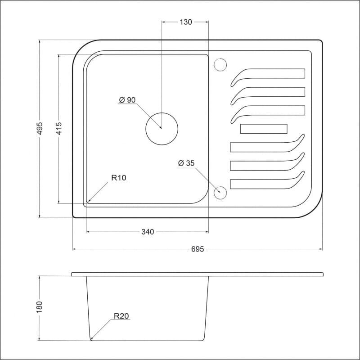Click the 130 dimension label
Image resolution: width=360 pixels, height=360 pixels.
click(x=185, y=22)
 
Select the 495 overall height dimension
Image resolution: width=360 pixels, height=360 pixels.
click(x=40, y=129)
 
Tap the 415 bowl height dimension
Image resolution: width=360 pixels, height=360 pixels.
click(x=59, y=128)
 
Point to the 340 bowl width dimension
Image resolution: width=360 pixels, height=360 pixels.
click(x=148, y=232)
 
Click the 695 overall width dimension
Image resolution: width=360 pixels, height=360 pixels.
click(x=198, y=249)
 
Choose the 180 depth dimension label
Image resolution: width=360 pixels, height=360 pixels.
click(x=40, y=307)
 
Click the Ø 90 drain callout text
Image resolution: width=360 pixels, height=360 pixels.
click(x=127, y=100)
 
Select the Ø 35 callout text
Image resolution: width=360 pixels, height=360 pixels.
click(x=186, y=163)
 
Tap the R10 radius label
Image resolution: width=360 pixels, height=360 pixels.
click(x=119, y=178)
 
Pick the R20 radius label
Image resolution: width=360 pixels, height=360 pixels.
click(x=121, y=316)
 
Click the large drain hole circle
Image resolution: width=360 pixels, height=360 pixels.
click(x=162, y=113)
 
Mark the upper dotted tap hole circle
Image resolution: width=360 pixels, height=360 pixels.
click(x=220, y=58)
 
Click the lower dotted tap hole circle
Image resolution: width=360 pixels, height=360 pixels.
click(x=220, y=186)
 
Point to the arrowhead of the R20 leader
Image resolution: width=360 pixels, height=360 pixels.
click(x=91, y=339)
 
